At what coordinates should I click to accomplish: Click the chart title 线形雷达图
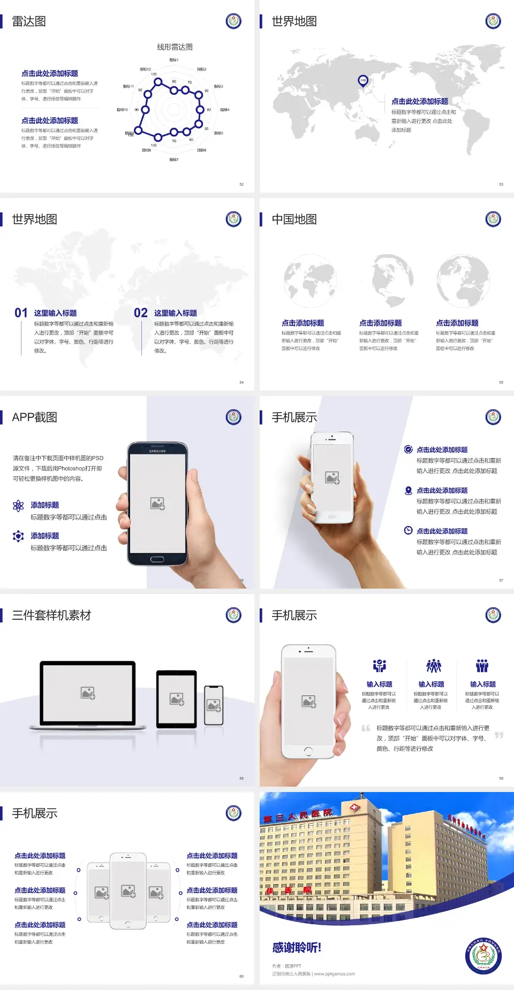pos(175,47)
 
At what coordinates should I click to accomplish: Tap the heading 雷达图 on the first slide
pos(29,21)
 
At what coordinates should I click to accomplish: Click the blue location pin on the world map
pos(362,81)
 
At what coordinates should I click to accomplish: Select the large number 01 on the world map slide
pos(21,313)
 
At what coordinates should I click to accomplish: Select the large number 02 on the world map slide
pos(141,313)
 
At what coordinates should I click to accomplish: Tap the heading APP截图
pos(35,417)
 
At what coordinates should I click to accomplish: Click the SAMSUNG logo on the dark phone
pos(157,451)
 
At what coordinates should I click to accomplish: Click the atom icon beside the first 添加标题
pos(18,506)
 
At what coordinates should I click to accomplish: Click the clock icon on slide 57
pos(408,530)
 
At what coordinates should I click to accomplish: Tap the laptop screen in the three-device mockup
pos(88,692)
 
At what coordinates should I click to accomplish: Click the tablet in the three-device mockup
pos(177,698)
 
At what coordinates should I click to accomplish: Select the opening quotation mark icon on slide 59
pos(366,728)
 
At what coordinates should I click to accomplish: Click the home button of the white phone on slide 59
pos(308,751)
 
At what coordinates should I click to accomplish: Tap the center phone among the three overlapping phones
pos(128,890)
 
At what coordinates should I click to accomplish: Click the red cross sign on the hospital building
pos(354,807)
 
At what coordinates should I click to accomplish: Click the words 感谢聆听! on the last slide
pos(297,948)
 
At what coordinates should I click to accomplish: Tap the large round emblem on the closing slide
pos(483,956)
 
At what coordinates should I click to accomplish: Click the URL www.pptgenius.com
pos(335,974)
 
